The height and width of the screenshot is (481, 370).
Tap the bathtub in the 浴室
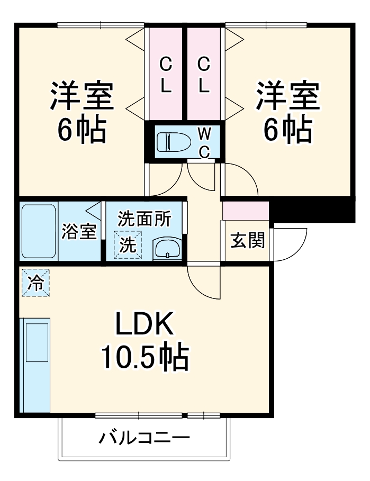(39, 231)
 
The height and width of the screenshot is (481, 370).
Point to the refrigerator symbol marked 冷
(35, 282)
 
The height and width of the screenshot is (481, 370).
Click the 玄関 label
(247, 241)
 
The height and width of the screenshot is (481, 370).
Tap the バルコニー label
(144, 439)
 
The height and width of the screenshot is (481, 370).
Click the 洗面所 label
(145, 219)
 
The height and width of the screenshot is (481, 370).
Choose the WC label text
(204, 142)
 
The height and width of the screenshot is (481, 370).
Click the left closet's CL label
(166, 76)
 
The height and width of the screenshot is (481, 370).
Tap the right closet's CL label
(204, 76)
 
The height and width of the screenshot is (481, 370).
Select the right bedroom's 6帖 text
(288, 129)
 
